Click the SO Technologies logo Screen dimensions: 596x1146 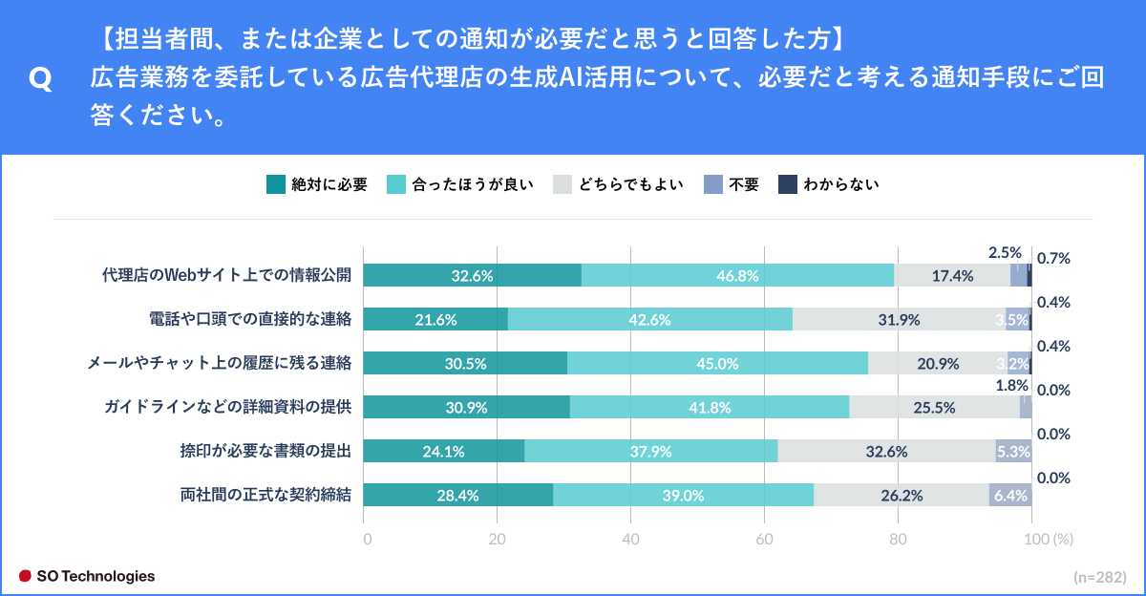click(x=87, y=576)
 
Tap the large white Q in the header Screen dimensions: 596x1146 click(x=41, y=78)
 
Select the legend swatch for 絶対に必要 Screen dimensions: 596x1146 click(x=275, y=185)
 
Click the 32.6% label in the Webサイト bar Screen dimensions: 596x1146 click(x=472, y=276)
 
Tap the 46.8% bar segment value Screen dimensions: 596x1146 click(x=737, y=276)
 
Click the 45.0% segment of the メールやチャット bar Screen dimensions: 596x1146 click(x=717, y=364)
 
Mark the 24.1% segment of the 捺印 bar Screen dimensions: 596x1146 click(x=443, y=452)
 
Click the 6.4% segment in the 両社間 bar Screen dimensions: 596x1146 click(x=1010, y=496)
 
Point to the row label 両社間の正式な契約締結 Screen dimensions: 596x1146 click(x=265, y=496)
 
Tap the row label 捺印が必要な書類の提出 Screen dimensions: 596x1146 click(x=265, y=452)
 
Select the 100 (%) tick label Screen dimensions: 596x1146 click(x=1049, y=539)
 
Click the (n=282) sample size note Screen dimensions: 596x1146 click(x=1100, y=577)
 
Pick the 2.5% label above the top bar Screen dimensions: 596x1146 click(x=1005, y=253)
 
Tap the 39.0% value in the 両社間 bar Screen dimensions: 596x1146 click(x=683, y=496)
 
